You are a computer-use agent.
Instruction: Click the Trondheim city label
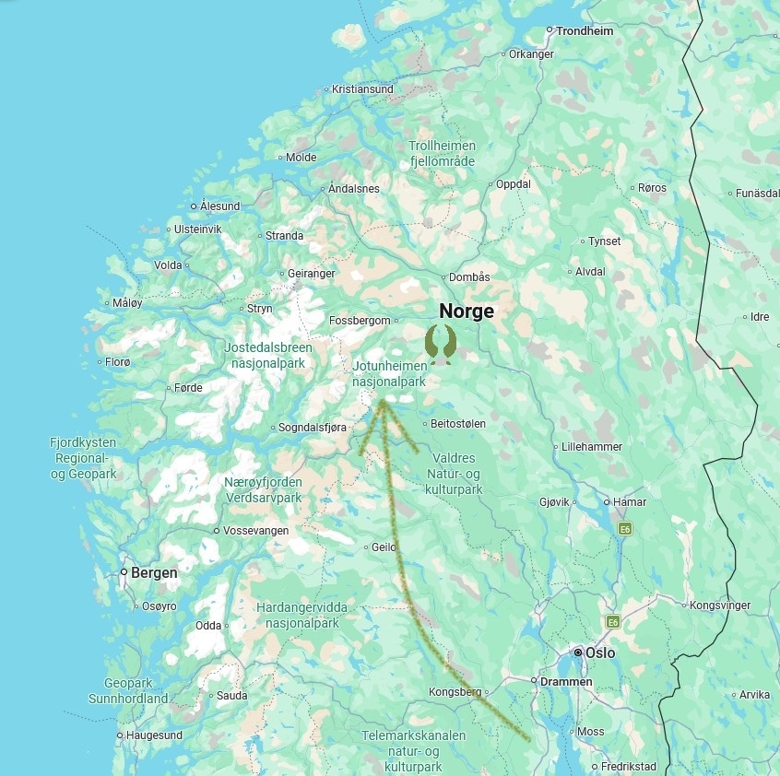coord(585,30)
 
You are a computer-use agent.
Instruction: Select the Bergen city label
coord(154,572)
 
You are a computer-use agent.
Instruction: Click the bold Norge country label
coord(466,312)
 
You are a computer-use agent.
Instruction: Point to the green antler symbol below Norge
coord(441,343)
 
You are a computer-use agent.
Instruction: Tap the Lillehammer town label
coord(592,447)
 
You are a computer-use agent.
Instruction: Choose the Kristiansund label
coord(362,89)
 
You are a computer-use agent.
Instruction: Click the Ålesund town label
coord(219,206)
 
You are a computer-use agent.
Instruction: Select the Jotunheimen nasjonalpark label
coord(389,373)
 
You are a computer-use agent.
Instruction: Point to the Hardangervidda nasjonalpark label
coord(302,616)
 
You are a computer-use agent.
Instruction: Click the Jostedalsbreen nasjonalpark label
coord(268,355)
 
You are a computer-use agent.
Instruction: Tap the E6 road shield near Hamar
coord(626,529)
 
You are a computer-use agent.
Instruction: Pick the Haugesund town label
coord(154,735)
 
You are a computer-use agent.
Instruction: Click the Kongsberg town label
coord(455,692)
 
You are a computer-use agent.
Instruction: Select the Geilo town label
coord(383,547)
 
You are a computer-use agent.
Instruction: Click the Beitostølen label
coord(458,424)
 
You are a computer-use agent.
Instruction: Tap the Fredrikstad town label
coord(629,767)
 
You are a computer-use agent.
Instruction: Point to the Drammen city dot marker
coord(533,681)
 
